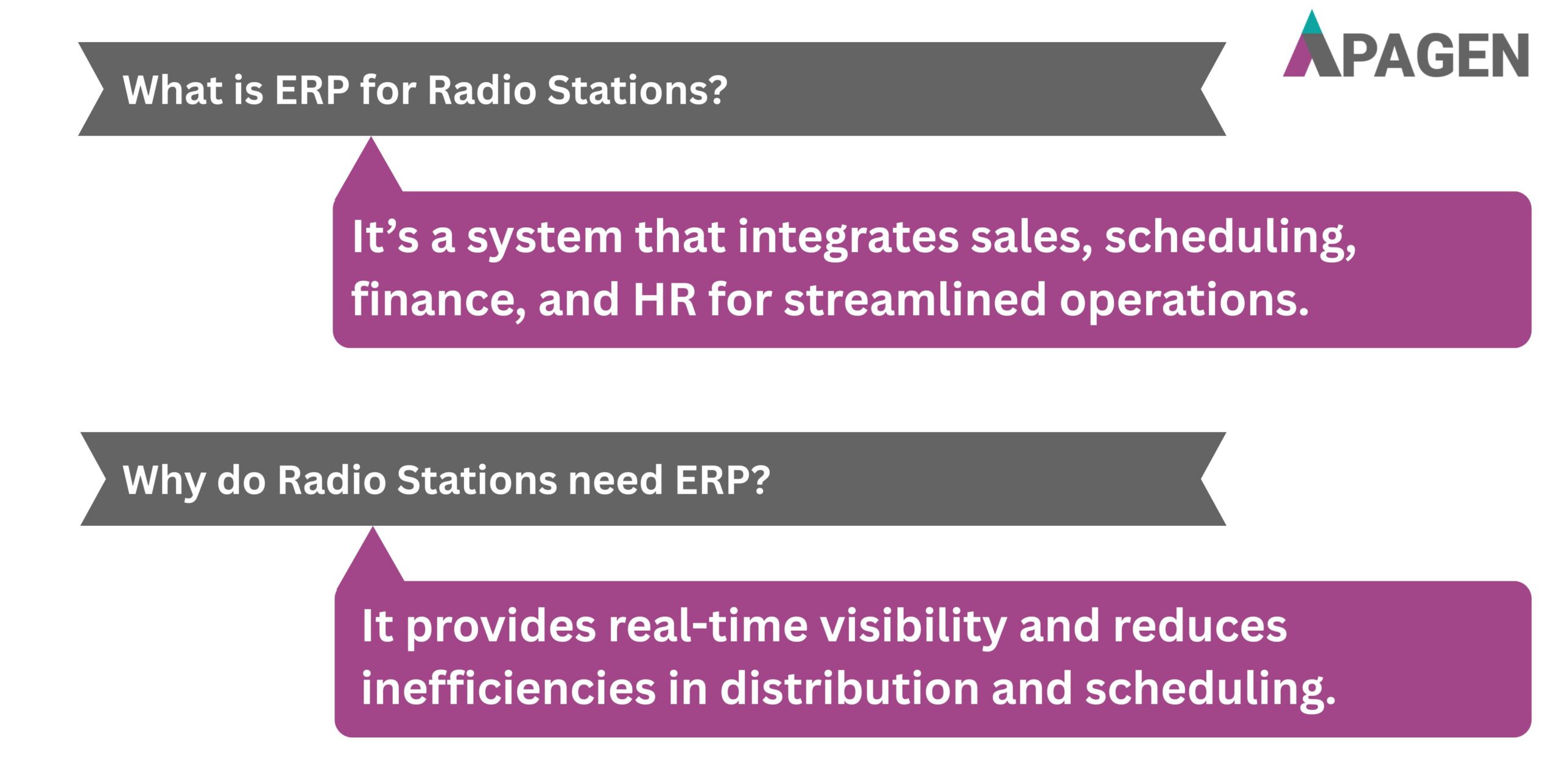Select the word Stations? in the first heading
637,90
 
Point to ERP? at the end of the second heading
722,480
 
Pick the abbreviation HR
664,300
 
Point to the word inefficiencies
509,689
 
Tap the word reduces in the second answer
1200,626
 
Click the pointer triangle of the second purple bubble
371,561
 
